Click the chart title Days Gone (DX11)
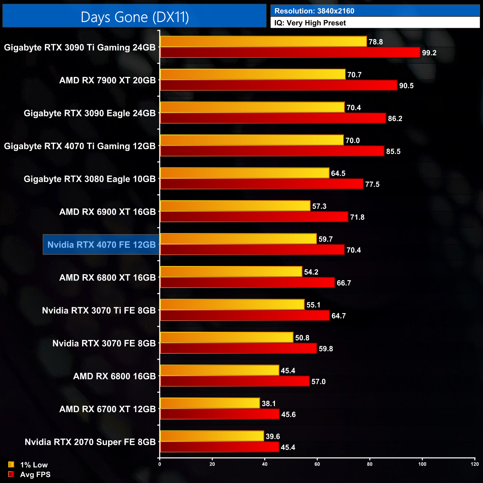click(x=134, y=17)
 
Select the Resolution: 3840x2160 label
click(x=314, y=11)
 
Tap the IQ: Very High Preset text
click(x=310, y=23)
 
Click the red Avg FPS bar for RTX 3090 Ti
click(x=290, y=53)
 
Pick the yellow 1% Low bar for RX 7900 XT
click(x=253, y=75)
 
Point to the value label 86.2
click(x=395, y=119)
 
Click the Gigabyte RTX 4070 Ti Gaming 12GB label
click(x=80, y=146)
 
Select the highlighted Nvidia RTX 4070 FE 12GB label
click(x=101, y=244)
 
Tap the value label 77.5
click(x=372, y=184)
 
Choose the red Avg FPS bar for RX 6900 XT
click(x=254, y=217)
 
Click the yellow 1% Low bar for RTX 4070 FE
click(x=238, y=239)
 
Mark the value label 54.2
click(x=311, y=272)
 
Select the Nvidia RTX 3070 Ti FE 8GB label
click(x=99, y=310)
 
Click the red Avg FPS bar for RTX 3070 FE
click(x=238, y=349)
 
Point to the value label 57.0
click(x=318, y=382)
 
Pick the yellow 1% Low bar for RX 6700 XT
click(x=210, y=403)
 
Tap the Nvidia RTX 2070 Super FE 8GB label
click(x=90, y=442)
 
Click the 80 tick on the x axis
click(x=370, y=464)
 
